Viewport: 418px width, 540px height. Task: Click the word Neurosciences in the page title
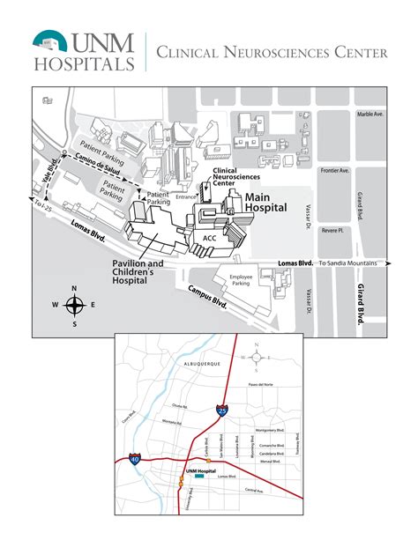point(264,53)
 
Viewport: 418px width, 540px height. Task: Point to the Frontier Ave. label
point(335,170)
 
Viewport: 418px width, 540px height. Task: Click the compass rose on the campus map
point(74,306)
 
